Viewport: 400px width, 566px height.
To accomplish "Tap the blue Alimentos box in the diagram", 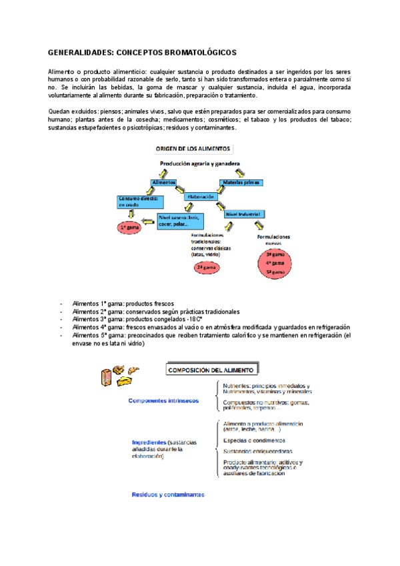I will click(x=164, y=182).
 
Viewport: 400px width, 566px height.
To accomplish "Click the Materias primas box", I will click(x=241, y=182).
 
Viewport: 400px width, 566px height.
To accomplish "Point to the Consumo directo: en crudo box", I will click(x=137, y=202).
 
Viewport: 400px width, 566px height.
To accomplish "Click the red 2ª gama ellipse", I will click(x=203, y=268).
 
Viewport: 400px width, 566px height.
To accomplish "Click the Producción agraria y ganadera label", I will click(x=200, y=163).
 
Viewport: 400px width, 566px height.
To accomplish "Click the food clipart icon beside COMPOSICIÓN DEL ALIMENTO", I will click(x=121, y=374).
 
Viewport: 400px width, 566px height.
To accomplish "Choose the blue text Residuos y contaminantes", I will click(x=167, y=495).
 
